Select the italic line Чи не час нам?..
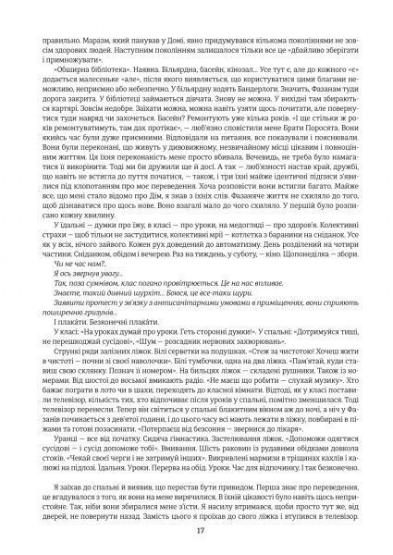click(79, 268)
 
